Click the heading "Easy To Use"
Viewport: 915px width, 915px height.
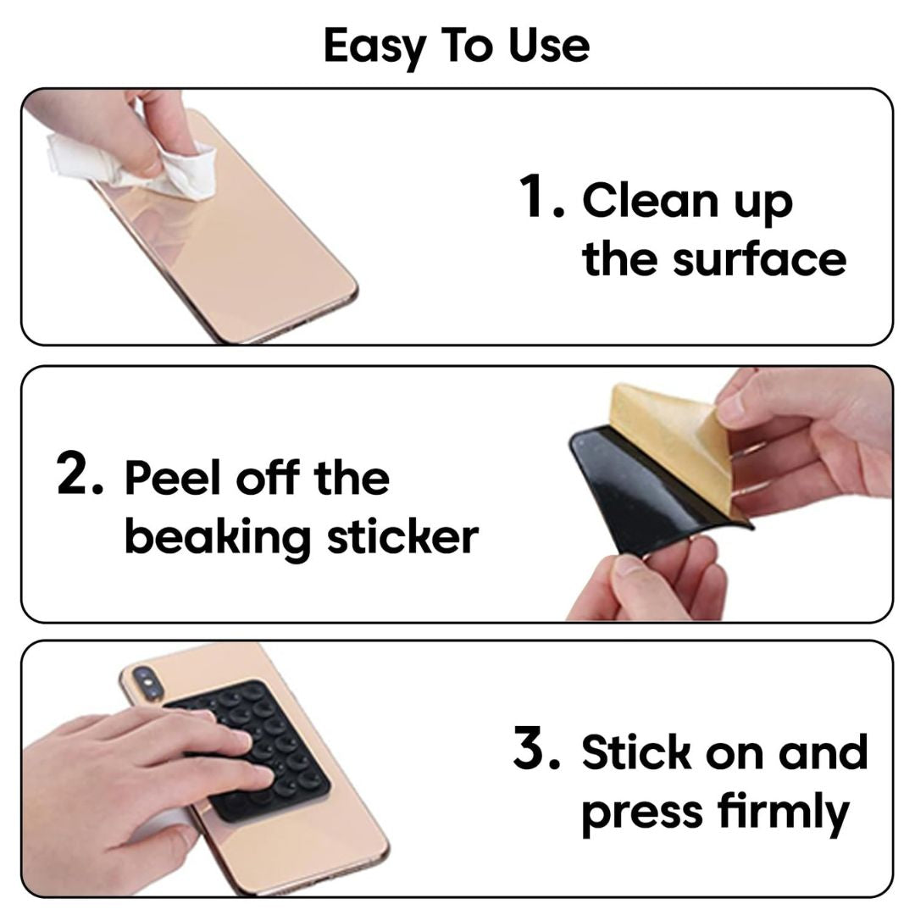pyautogui.click(x=457, y=46)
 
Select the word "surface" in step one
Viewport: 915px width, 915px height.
pyautogui.click(x=759, y=258)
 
